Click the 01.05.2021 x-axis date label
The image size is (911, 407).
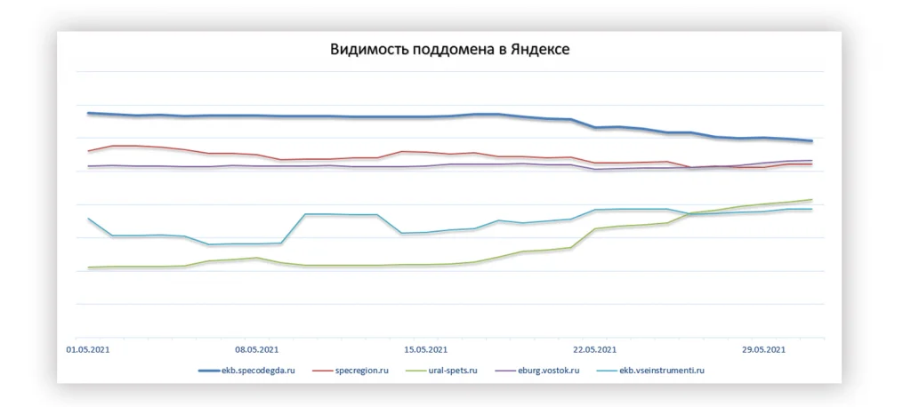88,349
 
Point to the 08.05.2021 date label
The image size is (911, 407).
257,349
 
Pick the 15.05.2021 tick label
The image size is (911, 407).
425,349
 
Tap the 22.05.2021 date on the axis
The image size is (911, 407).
594,349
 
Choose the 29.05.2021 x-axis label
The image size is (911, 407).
763,349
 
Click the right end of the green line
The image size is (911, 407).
811,200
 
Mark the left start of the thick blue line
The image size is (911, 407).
88,113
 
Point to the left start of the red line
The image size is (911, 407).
88,151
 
